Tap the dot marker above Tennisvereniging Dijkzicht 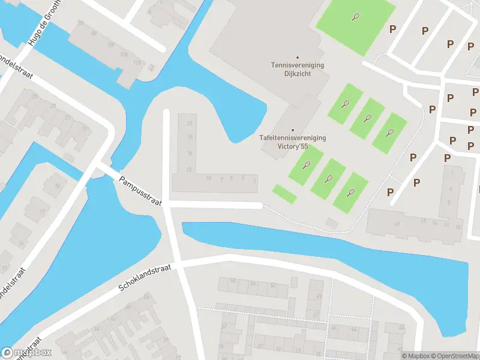coord(298,58)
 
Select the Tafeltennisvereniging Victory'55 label coord(292,142)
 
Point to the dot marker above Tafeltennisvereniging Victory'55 coord(293,130)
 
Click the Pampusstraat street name coord(141,191)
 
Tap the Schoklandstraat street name coord(145,277)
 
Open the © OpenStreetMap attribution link coord(456,356)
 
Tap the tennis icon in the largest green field coord(356,17)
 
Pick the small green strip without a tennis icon coord(284,194)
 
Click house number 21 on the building coord(190,124)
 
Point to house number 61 coord(397,224)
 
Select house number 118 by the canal coord(137,62)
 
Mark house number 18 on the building coord(190,137)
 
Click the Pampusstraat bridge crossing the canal coord(108,171)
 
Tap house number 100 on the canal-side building coord(110,45)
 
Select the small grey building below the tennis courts coord(331,223)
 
